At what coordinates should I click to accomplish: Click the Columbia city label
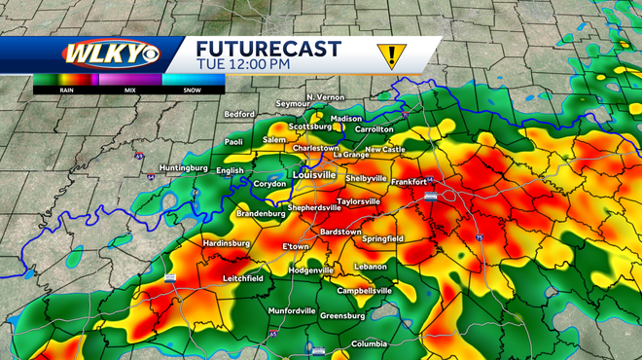[370, 343]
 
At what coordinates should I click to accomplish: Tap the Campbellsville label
[364, 290]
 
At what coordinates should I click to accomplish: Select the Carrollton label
[374, 129]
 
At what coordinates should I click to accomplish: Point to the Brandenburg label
[263, 213]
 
